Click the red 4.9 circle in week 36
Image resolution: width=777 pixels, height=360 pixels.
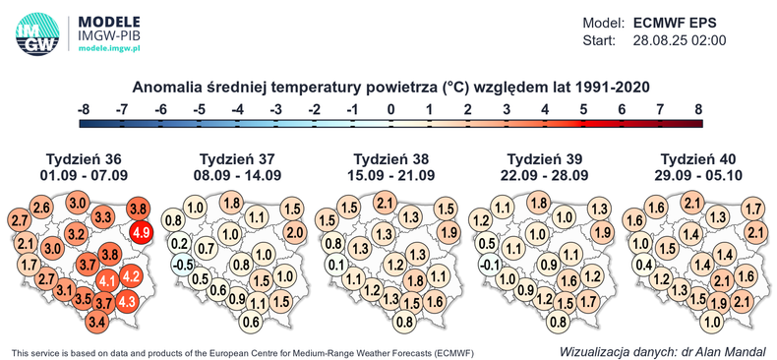[141, 232]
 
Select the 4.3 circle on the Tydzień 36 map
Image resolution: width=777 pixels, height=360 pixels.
[127, 303]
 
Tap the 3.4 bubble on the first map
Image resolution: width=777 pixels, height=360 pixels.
[97, 321]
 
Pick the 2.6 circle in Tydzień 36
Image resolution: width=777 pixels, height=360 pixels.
[41, 207]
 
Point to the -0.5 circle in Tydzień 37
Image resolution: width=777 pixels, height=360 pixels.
[181, 264]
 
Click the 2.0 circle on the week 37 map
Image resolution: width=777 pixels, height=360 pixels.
[294, 232]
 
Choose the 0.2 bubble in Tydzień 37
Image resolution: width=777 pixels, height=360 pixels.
[179, 243]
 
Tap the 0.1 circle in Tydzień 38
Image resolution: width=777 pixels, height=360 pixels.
[335, 264]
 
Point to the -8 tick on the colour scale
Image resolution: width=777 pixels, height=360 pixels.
[84, 108]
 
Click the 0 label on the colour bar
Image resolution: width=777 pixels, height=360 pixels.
[391, 108]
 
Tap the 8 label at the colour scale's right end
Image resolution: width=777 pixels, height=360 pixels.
[699, 108]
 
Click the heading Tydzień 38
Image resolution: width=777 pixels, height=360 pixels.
[391, 159]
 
